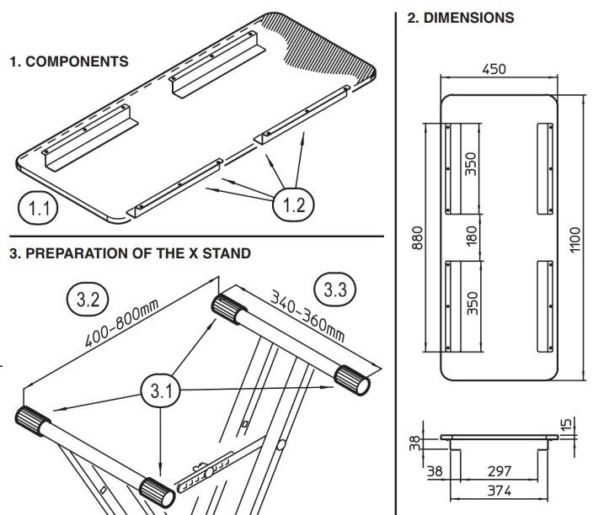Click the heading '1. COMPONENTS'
coord(68,61)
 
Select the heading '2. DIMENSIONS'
coord(461,17)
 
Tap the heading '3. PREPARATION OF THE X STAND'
coord(130,252)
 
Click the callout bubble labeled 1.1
coord(38,206)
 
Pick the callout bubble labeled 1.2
coord(292,203)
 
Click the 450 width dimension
coord(494,69)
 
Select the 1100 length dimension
coord(576,240)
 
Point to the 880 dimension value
coord(416,239)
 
